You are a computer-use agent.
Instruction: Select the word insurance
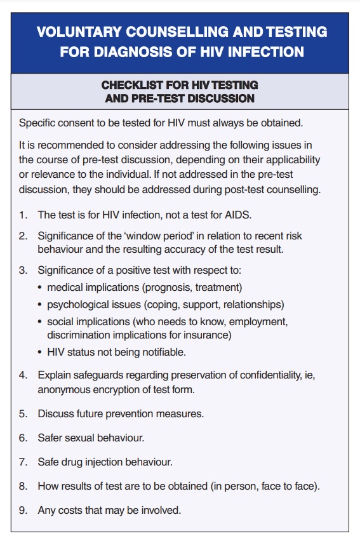click(x=204, y=335)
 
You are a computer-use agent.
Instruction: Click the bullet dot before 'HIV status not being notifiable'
click(x=41, y=352)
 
